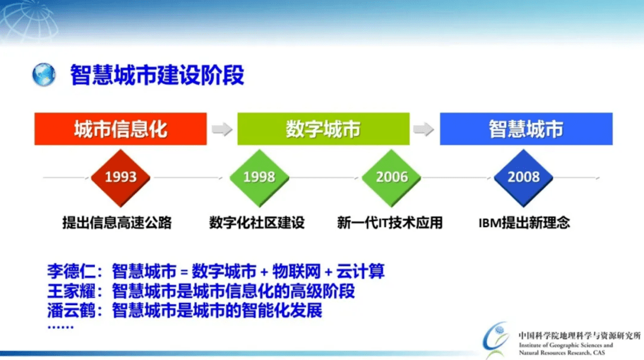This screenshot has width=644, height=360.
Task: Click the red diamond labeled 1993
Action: pos(120,178)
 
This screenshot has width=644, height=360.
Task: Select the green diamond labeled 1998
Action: pos(259,178)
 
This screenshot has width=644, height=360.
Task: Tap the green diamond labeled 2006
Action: pos(391,178)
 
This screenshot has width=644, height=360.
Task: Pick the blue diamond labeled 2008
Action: pos(524,178)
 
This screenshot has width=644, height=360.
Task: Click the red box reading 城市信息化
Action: pos(120,129)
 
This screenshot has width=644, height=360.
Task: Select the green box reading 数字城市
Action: pos(323,129)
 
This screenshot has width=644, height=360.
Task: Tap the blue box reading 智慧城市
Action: pos(526,129)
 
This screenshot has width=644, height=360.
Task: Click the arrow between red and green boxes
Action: pos(222,129)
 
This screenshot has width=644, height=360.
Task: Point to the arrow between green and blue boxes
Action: pos(424,129)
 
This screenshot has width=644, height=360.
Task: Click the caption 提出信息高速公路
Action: pos(117,222)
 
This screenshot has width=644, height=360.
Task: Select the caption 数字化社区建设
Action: pos(257,222)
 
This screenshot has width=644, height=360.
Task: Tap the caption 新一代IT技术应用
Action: pos(390,222)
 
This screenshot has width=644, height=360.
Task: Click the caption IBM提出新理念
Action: pos(524,222)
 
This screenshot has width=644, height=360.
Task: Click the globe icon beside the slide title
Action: pos(44,75)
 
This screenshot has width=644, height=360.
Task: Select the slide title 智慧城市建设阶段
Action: pos(157,75)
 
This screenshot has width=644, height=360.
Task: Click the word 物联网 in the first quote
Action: pos(296,271)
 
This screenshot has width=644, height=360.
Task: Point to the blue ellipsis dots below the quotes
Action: pos(60,327)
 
